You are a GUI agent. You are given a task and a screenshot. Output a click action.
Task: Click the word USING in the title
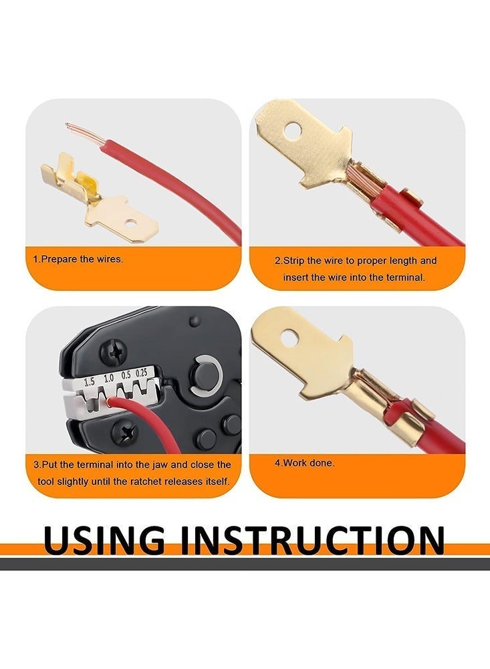104,539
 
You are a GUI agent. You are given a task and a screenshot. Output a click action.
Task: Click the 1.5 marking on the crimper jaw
90,382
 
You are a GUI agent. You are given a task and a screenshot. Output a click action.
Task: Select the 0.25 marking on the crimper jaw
142,373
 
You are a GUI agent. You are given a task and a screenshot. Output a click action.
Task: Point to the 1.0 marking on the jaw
108,378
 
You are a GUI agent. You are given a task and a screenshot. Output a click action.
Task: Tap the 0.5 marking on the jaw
126,375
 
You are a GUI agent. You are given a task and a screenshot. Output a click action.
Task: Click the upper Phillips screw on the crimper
113,353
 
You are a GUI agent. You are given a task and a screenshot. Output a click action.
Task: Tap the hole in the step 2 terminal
293,131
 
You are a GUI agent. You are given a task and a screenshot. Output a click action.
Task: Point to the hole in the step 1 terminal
131,223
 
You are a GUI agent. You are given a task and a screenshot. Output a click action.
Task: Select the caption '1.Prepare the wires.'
78,259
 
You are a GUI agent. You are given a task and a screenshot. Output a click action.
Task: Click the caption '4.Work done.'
304,462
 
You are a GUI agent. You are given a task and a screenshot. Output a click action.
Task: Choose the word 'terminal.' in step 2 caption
406,278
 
